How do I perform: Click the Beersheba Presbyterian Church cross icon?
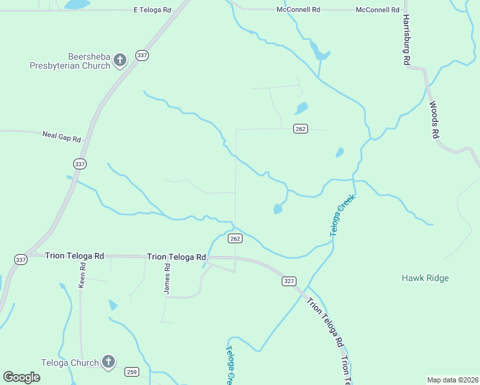tap(120, 60)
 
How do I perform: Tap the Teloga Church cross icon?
tap(108, 363)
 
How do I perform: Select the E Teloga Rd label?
tap(152, 10)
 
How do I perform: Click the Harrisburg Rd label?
tap(406, 40)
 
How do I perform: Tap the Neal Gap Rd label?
tap(62, 137)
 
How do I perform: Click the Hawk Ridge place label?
tap(425, 278)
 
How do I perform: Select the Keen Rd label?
tap(82, 274)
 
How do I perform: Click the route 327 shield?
tap(289, 281)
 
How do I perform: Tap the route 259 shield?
tap(132, 372)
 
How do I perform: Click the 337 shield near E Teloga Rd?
tap(142, 56)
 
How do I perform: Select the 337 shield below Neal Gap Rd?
tap(80, 164)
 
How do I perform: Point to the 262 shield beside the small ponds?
tap(300, 129)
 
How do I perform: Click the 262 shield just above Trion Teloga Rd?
tap(235, 239)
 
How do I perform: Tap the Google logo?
tap(21, 377)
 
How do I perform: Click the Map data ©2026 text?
tap(452, 380)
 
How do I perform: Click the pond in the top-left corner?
tap(77, 4)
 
